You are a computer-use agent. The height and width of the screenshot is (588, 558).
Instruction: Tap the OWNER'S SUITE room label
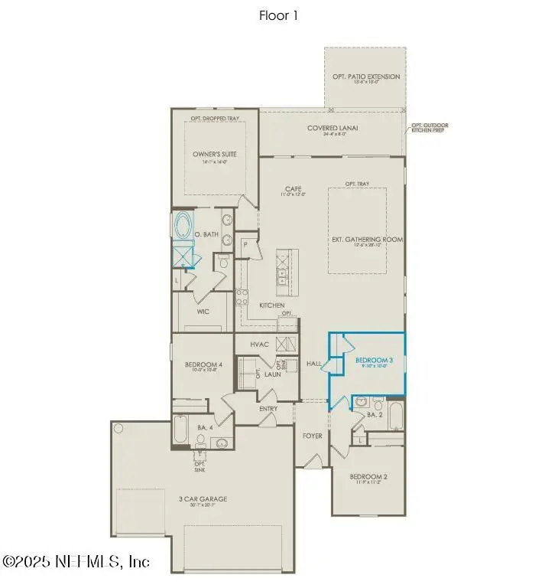coord(214,154)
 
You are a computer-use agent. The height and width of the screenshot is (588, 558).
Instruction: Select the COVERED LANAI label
coord(333,128)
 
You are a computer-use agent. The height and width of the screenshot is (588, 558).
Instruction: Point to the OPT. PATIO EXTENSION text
coord(365,77)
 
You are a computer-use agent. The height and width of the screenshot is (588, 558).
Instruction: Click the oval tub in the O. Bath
coord(183,226)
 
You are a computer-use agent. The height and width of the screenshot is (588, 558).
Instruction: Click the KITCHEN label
coord(271,305)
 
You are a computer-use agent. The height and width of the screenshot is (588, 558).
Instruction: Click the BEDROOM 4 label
coord(203,364)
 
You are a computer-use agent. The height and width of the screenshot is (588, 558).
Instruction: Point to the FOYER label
coord(312,436)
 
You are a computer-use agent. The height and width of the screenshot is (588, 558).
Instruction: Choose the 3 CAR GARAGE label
coord(203,499)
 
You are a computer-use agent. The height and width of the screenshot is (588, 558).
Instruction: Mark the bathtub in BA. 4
coord(180,430)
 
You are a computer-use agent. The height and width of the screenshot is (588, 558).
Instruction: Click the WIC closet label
coord(203,312)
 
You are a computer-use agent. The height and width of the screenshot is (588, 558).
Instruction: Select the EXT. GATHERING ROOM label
coord(367,239)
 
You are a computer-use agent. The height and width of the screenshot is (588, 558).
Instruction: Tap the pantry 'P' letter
coord(246,244)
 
